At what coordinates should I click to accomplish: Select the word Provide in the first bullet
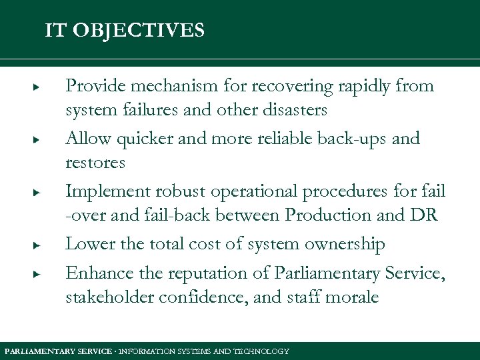point(93,86)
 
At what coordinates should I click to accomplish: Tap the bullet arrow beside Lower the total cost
point(39,245)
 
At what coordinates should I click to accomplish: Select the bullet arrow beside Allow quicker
point(39,139)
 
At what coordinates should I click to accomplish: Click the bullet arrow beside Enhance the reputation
point(39,274)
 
